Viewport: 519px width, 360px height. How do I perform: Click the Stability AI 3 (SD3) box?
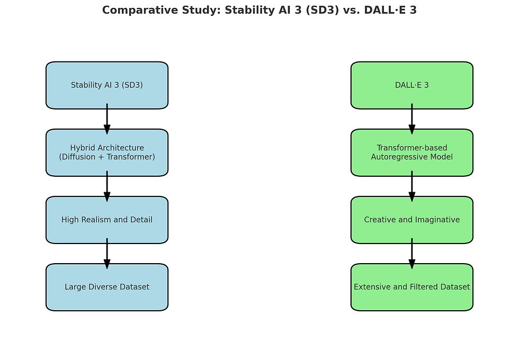point(107,85)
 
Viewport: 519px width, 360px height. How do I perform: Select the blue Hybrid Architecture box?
point(107,152)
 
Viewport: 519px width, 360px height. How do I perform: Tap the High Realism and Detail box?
point(107,220)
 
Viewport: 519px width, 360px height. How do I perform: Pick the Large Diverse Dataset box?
point(107,287)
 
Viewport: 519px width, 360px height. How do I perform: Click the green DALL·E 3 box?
point(412,85)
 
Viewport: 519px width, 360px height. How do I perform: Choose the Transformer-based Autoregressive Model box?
point(412,152)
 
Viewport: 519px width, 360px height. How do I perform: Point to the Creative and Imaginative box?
point(412,220)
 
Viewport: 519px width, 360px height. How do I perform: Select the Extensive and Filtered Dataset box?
point(412,287)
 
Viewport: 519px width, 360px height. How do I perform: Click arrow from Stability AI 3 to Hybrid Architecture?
point(107,119)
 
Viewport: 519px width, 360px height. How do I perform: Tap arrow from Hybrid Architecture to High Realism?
point(107,186)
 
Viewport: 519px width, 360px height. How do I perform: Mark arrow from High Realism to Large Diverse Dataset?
point(107,254)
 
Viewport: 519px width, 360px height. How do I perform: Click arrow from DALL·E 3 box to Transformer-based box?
point(412,119)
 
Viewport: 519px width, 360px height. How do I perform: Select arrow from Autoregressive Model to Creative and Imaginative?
point(412,186)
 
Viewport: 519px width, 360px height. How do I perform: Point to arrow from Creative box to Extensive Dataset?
point(412,254)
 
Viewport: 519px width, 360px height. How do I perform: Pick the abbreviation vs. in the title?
point(352,10)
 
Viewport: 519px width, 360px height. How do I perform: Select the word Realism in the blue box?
point(96,220)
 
